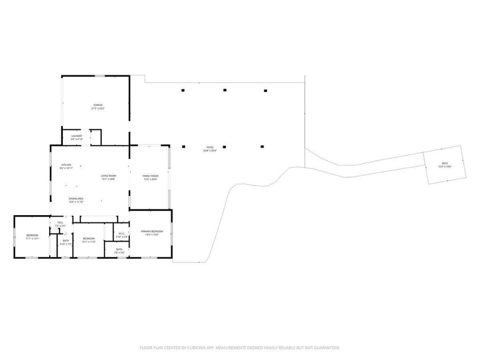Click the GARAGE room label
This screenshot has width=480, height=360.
(x=97, y=105)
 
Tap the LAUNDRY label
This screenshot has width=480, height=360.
(x=77, y=136)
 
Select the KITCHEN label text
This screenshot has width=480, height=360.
(x=66, y=165)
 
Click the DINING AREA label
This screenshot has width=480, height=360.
(x=76, y=199)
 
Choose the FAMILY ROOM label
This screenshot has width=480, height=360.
(x=150, y=176)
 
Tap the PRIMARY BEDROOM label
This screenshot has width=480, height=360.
(x=152, y=231)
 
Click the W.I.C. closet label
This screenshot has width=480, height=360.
(x=121, y=233)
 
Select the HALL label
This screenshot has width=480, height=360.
(x=60, y=223)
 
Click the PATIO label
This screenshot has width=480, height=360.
(x=210, y=147)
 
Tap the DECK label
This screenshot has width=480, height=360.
(x=444, y=163)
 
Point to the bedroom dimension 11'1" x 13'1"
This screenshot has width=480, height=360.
(x=32, y=239)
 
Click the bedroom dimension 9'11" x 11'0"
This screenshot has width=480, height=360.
(x=89, y=242)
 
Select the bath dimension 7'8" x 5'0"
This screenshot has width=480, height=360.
(x=120, y=253)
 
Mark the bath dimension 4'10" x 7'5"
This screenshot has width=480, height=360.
(x=66, y=244)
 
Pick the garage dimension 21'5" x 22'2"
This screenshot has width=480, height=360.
(x=97, y=108)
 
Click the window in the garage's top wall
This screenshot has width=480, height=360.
(x=99, y=75)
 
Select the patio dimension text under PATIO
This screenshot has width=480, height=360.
(x=210, y=150)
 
